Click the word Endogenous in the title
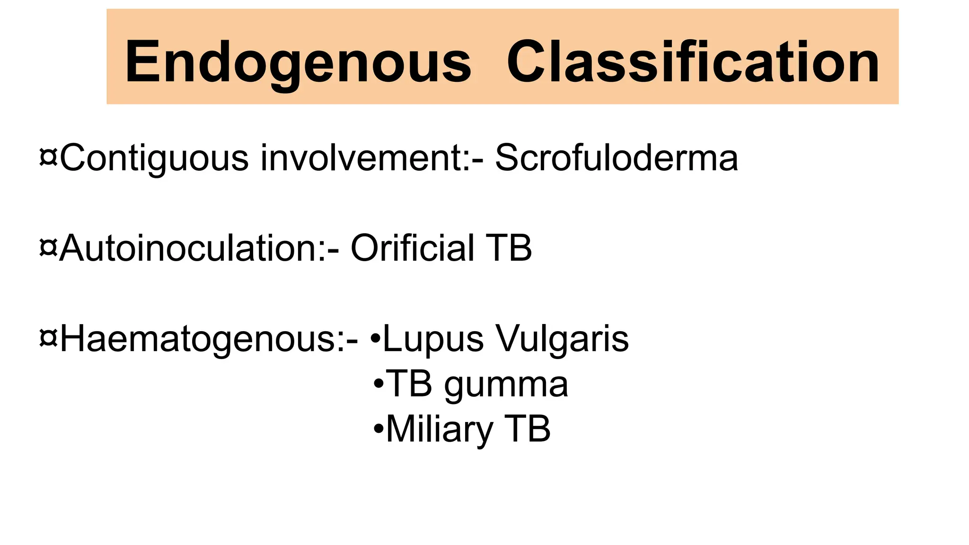point(298,62)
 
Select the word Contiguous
point(154,158)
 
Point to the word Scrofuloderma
point(616,158)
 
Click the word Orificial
point(412,248)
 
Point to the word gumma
point(506,384)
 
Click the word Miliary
point(440,429)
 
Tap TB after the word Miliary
point(529,429)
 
